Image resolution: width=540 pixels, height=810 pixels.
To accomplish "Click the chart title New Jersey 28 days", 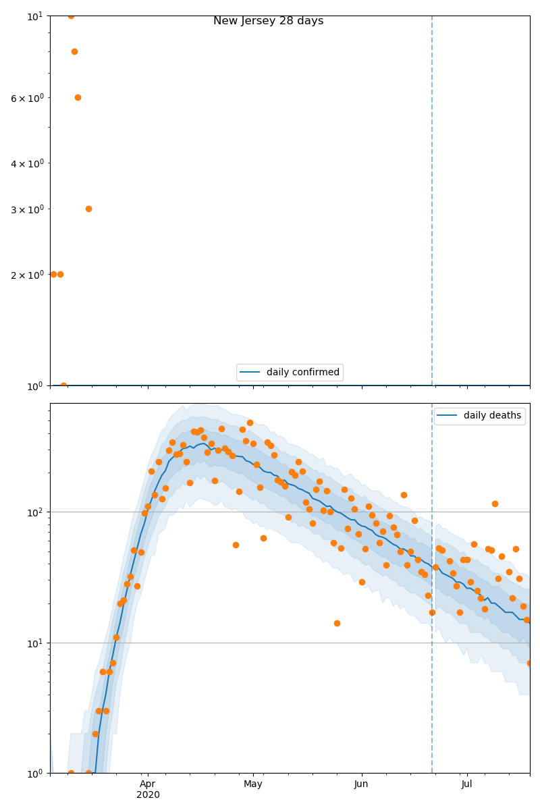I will (268, 21).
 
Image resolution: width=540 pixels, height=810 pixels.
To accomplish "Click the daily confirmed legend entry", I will (290, 372).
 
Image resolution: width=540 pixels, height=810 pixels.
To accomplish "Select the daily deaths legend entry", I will (479, 416).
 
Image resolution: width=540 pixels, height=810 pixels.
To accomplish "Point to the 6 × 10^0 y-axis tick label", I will (27, 98).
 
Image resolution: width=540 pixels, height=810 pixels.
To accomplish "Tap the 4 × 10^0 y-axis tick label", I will (27, 163).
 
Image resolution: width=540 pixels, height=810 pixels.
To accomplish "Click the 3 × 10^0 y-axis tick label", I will (27, 209).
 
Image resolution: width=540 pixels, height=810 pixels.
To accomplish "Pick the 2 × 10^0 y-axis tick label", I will (27, 275).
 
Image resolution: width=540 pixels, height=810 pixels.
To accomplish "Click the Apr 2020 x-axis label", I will (148, 789).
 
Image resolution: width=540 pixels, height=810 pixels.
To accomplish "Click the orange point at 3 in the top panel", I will (88, 209).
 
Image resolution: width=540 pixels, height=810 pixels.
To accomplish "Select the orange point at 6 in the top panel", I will (78, 97).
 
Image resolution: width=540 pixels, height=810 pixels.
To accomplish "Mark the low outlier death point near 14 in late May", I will (337, 623).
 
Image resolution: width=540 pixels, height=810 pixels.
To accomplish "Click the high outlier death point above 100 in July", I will (495, 504).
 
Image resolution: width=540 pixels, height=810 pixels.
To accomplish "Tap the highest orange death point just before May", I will (250, 423).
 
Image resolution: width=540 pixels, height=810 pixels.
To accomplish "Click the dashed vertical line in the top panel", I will (432, 202).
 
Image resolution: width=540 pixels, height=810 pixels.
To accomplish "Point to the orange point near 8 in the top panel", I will (74, 51).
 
